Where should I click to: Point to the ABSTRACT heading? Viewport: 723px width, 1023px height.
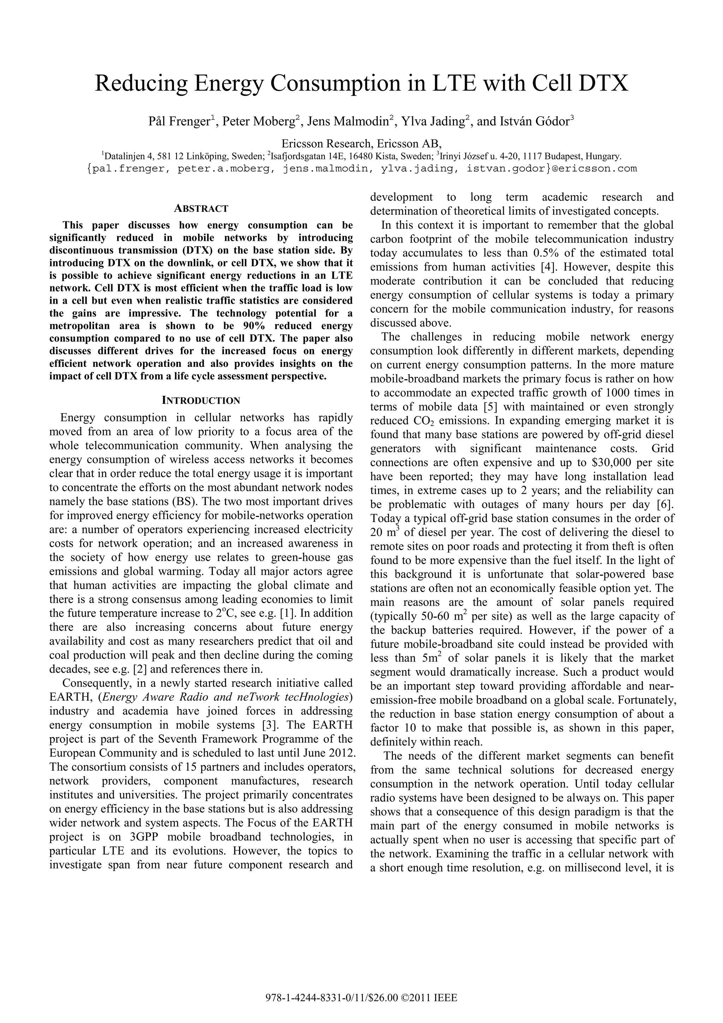(x=201, y=209)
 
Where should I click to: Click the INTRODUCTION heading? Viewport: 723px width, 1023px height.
(x=201, y=400)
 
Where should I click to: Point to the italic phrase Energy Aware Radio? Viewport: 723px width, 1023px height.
(x=147, y=697)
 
